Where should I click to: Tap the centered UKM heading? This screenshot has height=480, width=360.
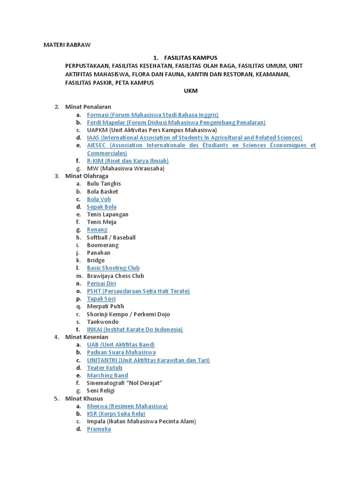(191, 91)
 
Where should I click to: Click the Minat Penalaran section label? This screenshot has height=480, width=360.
(88, 107)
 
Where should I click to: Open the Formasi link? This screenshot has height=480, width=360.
(153, 115)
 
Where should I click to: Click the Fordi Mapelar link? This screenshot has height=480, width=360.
(176, 122)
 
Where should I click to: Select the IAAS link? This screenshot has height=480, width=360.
(195, 138)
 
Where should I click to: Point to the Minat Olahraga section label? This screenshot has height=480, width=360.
(87, 176)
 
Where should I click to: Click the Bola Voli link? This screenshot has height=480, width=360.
(99, 199)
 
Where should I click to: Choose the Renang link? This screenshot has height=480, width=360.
(97, 230)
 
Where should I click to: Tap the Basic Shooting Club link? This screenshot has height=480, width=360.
(113, 268)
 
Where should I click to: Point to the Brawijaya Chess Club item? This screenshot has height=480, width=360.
(115, 276)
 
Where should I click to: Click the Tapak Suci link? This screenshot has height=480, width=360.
(101, 299)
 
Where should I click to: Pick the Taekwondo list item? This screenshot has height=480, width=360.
(103, 322)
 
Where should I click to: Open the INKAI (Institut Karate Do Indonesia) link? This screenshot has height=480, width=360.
(135, 330)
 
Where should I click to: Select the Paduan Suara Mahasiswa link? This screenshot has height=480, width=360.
(121, 352)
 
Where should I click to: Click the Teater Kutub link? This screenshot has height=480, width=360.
(105, 368)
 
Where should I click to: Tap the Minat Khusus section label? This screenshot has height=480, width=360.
(84, 398)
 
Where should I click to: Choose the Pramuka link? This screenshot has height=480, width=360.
(99, 429)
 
